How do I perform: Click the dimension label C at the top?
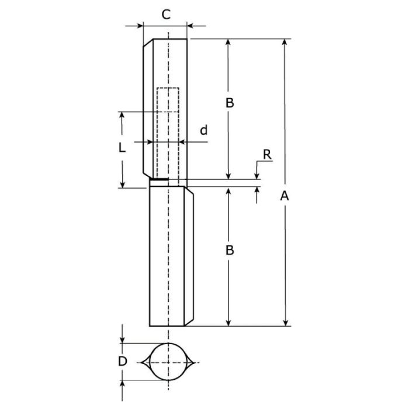[166, 15]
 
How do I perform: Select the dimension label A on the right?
[285, 196]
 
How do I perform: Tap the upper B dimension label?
[230, 103]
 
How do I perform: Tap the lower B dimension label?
[230, 250]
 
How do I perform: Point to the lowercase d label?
[204, 130]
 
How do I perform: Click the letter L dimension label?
[122, 148]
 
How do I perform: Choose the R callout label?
[267, 155]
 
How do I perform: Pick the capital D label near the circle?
[122, 361]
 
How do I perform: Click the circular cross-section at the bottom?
[168, 344]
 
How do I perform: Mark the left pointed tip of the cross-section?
[141, 362]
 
